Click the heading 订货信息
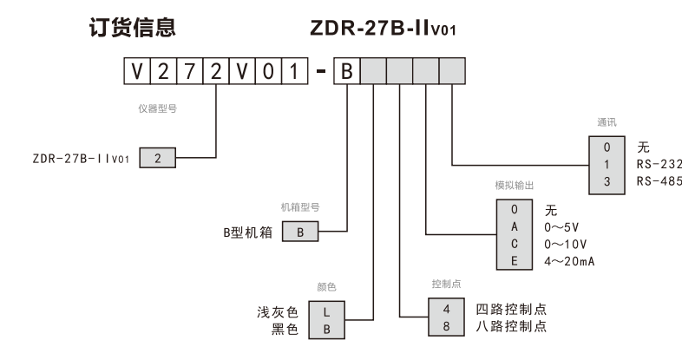tap(133, 28)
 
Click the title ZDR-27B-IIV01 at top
tap(382, 29)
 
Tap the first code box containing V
tap(136, 70)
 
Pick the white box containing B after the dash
tap(346, 70)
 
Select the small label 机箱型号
tap(300, 207)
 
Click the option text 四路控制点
tap(511, 309)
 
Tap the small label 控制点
tap(445, 285)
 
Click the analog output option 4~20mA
tap(569, 260)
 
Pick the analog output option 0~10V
tap(566, 244)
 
